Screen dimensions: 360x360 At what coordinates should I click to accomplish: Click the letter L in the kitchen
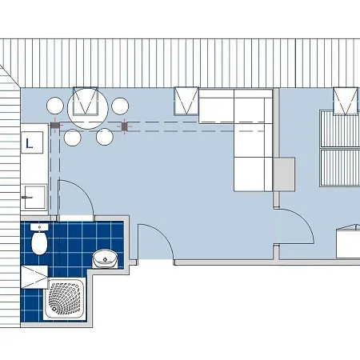tap(30, 144)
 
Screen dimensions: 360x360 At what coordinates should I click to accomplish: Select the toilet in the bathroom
tap(40, 241)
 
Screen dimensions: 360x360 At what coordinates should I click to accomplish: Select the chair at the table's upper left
tap(55, 106)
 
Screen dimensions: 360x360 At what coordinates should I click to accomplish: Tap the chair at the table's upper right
tap(120, 106)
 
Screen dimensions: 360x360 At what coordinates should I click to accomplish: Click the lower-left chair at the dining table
tap(72, 138)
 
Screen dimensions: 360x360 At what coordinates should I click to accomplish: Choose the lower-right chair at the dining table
tap(105, 138)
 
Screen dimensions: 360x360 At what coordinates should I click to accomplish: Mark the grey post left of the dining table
tap(55, 126)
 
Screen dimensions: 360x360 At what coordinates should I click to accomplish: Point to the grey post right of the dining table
tap(123, 126)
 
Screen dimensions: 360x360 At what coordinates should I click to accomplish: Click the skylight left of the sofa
tap(187, 100)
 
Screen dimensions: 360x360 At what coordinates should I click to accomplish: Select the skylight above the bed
tap(346, 100)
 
